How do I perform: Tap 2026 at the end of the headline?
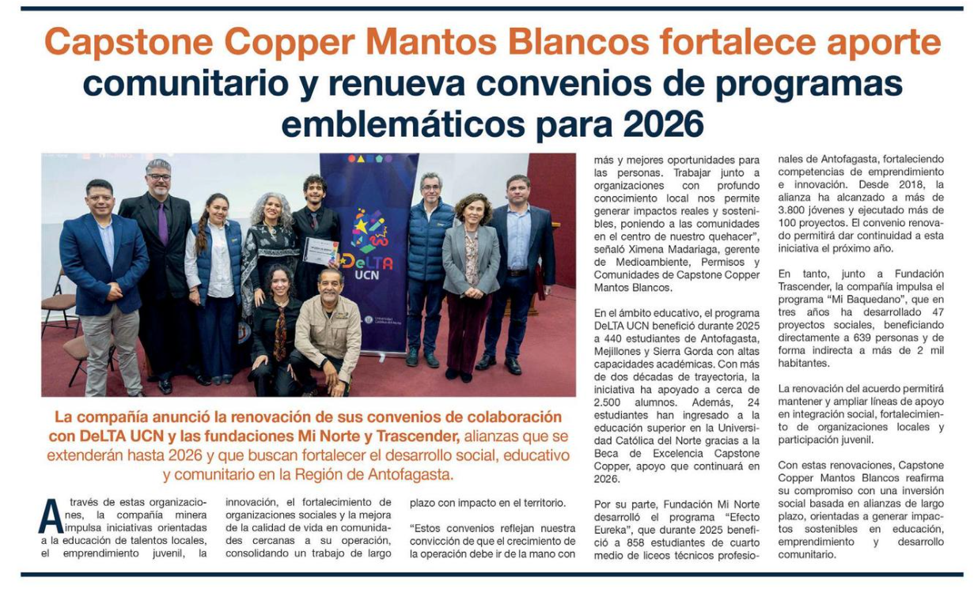point(663,125)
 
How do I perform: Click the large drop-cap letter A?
point(50,517)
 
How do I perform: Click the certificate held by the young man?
point(320,251)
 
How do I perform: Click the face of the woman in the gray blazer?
point(472,209)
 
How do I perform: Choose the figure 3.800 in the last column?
point(795,210)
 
